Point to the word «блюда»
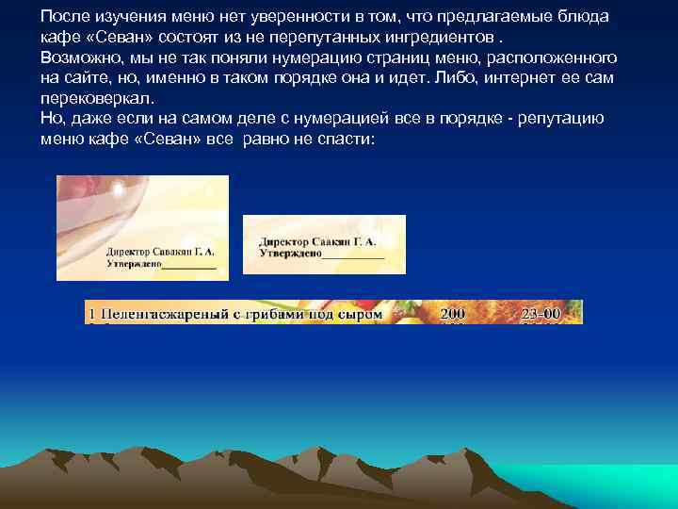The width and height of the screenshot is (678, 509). [584, 18]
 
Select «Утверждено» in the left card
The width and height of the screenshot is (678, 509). [133, 266]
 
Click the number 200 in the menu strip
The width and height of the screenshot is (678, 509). [454, 312]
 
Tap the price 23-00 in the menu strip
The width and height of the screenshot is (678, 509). [542, 312]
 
